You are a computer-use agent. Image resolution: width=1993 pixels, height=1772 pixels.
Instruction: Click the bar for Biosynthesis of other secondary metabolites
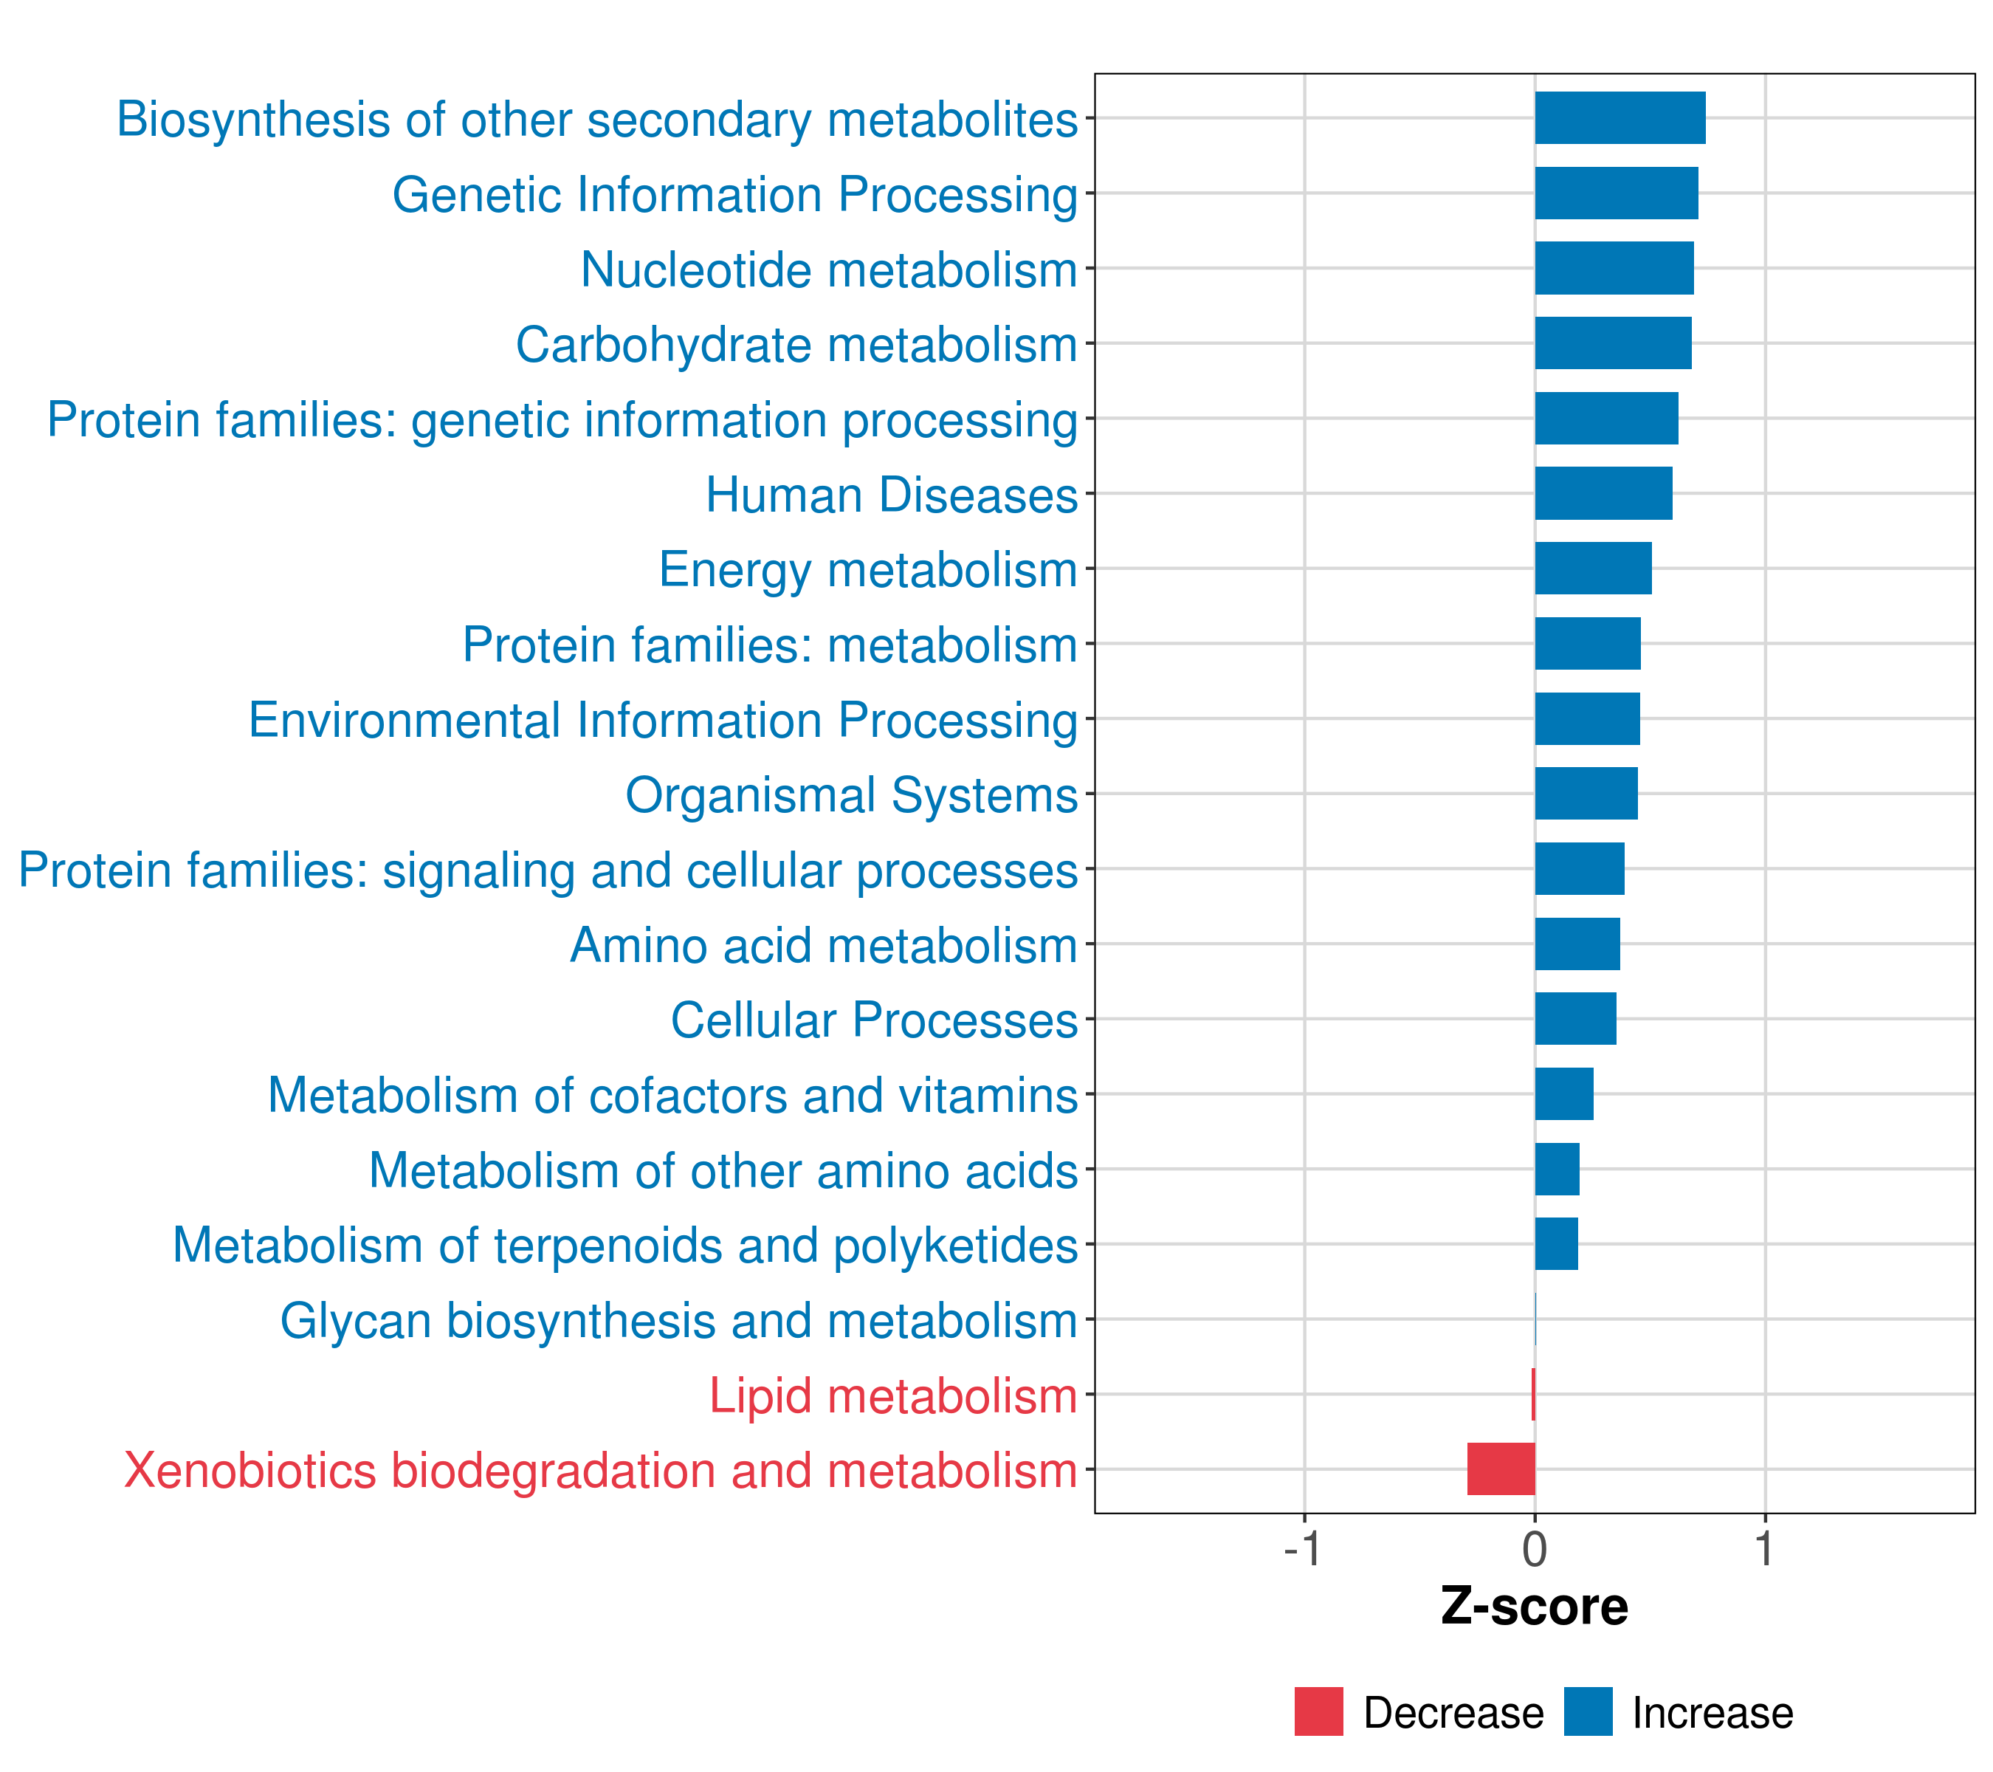point(1619,118)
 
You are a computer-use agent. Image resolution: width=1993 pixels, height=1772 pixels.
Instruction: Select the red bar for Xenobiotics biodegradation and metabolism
point(1501,1469)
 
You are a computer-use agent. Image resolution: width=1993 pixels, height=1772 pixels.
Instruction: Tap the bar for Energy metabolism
point(1593,569)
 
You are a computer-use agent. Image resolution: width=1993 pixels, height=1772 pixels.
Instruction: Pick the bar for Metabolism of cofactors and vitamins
point(1564,1094)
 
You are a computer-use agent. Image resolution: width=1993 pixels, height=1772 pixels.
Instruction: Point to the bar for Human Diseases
point(1603,493)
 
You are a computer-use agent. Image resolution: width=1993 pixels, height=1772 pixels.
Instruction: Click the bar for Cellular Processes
point(1576,1019)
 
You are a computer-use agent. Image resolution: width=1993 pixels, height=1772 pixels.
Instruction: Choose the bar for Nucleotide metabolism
point(1614,268)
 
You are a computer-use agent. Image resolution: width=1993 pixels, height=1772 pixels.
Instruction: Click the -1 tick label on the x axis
point(1303,1550)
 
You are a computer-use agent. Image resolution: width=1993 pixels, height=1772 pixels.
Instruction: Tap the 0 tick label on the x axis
point(1535,1550)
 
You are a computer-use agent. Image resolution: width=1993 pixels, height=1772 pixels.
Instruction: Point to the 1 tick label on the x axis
point(1764,1550)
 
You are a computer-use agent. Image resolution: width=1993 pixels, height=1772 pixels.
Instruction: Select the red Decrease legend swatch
point(1318,1711)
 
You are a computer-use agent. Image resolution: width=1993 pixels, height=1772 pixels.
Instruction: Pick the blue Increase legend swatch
point(1587,1711)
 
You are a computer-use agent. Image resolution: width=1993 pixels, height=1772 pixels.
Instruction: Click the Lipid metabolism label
point(892,1395)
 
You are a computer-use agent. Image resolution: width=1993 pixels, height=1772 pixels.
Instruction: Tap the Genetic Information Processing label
point(734,194)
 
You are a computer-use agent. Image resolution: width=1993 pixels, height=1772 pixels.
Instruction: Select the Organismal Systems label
point(851,794)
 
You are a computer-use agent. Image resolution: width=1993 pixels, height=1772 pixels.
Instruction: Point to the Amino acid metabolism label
point(823,945)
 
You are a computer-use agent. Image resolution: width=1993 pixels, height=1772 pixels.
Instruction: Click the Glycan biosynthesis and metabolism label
point(678,1320)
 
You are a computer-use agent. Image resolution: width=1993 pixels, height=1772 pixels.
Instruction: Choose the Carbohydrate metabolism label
point(796,344)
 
